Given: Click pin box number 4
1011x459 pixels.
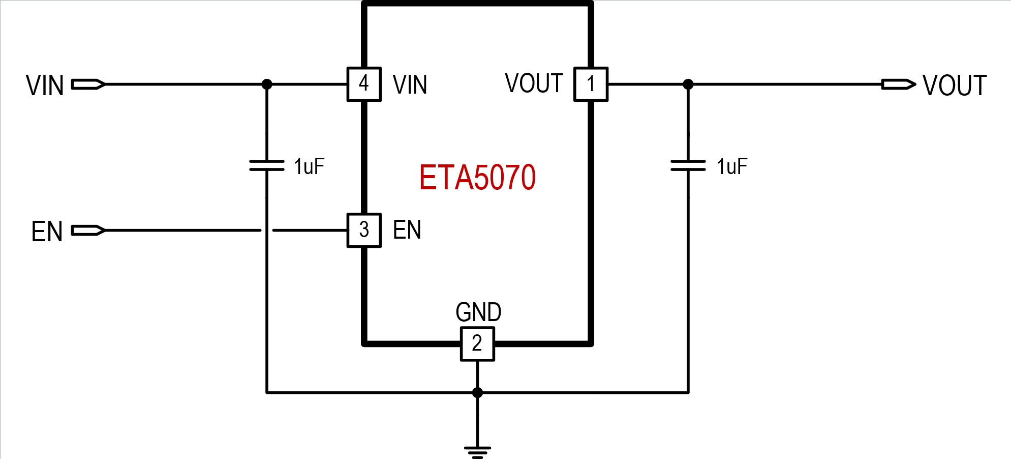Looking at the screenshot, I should [364, 84].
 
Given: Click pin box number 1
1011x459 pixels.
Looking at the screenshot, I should [591, 84].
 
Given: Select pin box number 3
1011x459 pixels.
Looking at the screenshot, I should [364, 230].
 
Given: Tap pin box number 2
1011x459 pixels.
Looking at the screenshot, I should [477, 344].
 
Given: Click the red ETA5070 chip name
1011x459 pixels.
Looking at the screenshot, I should [477, 177].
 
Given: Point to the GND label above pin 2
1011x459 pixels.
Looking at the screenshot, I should [478, 312].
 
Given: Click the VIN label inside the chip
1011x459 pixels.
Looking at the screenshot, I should [410, 84].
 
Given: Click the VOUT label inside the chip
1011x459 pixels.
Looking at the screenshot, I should [534, 83].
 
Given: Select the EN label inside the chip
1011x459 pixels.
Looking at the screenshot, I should [407, 230].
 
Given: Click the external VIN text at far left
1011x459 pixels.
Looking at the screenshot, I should [45, 85].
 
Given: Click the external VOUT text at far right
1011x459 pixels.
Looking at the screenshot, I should [955, 85].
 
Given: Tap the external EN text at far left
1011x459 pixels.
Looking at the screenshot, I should [47, 232].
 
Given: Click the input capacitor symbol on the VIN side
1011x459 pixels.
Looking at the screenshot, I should [266, 165].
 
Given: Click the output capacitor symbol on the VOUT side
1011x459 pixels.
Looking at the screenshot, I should [688, 165].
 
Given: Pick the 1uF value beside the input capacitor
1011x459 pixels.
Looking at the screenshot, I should [309, 166].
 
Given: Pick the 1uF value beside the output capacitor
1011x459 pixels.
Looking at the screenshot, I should [732, 166].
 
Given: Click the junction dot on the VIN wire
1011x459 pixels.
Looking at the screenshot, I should [266, 84].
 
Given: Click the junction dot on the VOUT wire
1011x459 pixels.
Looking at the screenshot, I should [688, 84].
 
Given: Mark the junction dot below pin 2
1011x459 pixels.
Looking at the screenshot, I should [477, 392].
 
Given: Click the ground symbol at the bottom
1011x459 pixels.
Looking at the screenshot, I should [477, 451].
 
